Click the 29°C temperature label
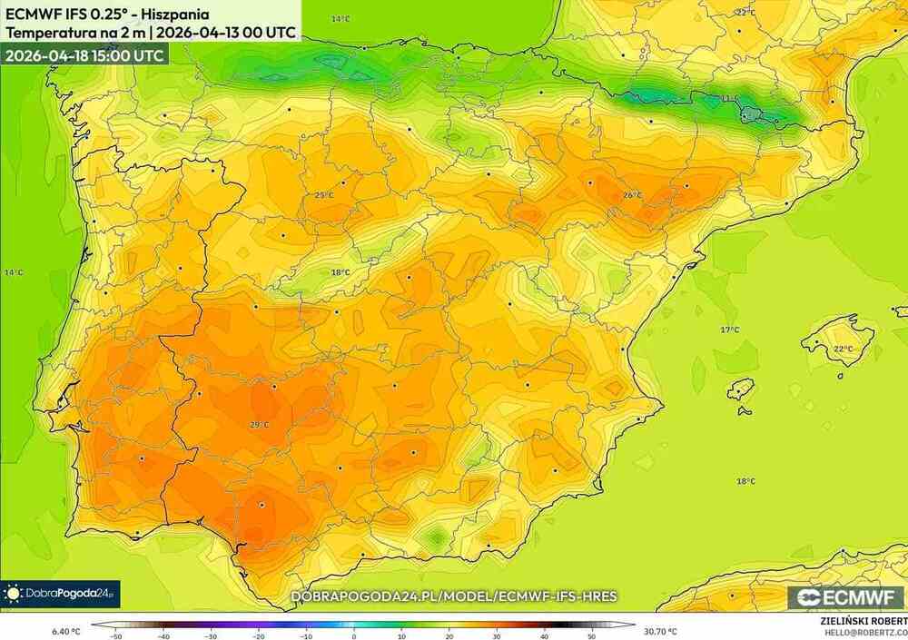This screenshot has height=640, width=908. click(260, 424)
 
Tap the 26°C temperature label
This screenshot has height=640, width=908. click(633, 195)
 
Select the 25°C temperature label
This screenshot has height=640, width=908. click(324, 195)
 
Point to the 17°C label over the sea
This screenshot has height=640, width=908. click(730, 330)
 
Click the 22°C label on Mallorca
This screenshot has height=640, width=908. click(844, 349)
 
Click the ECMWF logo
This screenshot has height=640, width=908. click(845, 596)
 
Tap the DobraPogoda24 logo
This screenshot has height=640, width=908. click(60, 594)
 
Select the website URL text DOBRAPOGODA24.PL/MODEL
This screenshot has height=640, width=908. click(454, 596)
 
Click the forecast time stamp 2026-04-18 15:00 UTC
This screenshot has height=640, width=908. click(84, 55)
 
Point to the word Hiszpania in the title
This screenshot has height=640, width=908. click(177, 15)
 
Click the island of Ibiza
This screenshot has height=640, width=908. click(742, 389)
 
